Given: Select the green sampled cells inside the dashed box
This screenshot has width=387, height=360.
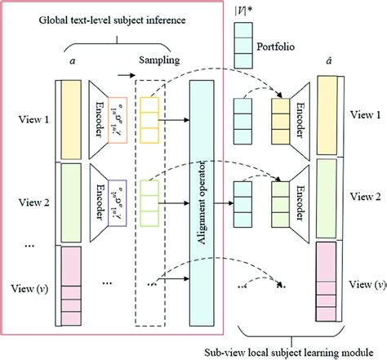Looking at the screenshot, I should (150, 200).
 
